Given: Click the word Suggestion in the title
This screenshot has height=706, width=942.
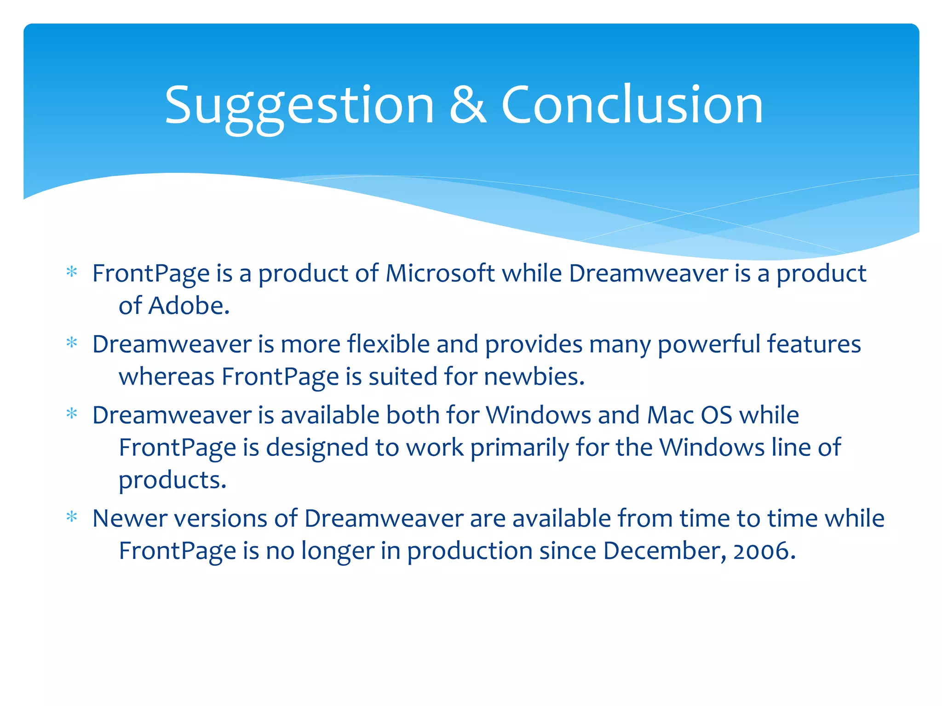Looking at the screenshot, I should [x=299, y=106].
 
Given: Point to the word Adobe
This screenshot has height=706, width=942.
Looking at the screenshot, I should [x=189, y=306].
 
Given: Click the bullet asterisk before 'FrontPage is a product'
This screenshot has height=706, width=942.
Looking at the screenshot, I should [x=72, y=272].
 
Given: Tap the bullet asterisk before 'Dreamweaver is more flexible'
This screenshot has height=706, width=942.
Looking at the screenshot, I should [x=72, y=343].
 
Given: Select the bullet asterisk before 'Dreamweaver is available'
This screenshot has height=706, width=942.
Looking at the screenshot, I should [x=72, y=414].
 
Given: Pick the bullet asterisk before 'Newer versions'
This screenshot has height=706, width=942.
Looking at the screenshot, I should [x=72, y=518].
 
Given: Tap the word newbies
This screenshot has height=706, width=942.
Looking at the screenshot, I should [x=534, y=376].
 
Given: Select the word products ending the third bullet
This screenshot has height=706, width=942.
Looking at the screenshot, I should [x=172, y=480].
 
